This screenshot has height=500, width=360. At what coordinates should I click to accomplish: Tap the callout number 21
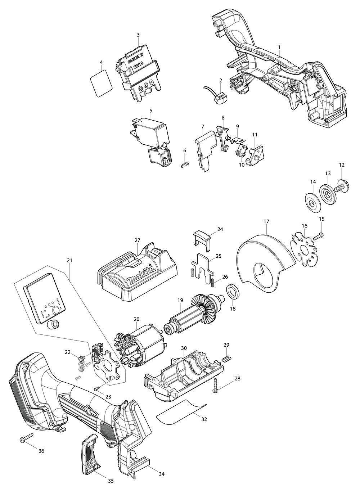pyautogui.click(x=69, y=260)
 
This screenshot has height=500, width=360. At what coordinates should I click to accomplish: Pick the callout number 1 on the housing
pyautogui.click(x=279, y=47)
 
